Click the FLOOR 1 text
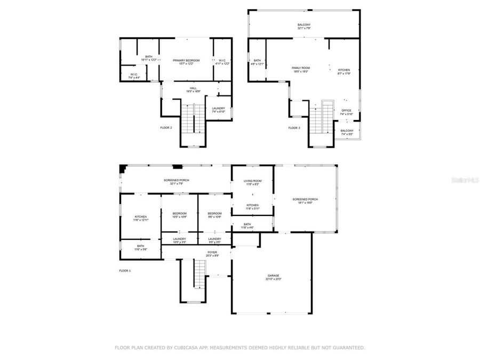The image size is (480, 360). [125, 271]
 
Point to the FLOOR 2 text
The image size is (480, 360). [166, 128]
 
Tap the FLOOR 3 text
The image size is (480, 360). [294, 128]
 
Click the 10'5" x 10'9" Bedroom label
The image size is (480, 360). [179, 215]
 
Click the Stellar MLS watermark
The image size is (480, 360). [465, 180]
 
